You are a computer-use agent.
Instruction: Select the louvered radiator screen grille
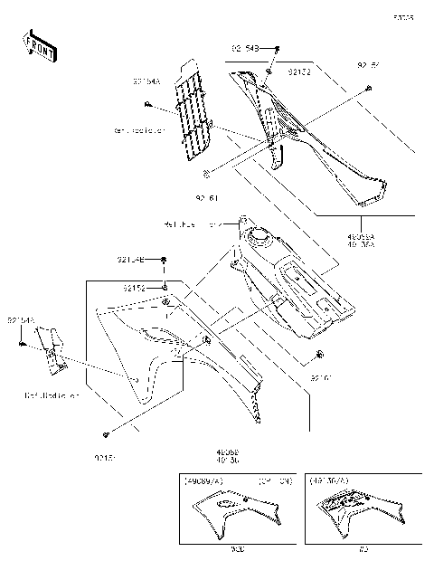193,113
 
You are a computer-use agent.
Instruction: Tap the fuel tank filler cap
263,238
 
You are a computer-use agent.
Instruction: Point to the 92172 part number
298,70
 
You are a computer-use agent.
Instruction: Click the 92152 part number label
135,288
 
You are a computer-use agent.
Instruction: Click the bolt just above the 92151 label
108,433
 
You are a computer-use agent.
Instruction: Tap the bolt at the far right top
371,87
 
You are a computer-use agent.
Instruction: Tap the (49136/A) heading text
327,480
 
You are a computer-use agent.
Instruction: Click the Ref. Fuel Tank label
185,223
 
